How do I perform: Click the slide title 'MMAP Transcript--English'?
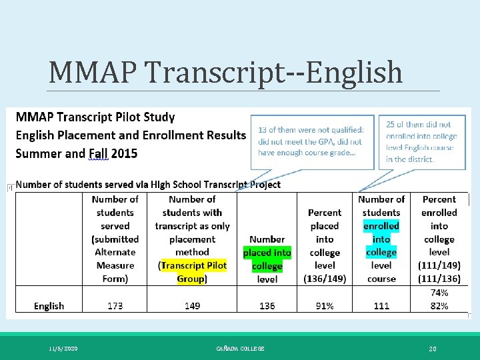pos(226,72)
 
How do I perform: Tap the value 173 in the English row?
pos(115,306)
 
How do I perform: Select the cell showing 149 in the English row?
pos(192,306)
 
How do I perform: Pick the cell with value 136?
pos(267,306)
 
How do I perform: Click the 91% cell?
pos(325,306)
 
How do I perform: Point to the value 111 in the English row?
pos(381,306)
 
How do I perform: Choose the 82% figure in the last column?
pos(439,306)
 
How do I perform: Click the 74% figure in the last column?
pos(439,293)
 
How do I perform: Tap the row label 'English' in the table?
pos(49,306)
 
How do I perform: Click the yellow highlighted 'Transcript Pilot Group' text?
pos(192,272)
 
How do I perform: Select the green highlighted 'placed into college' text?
pos(267,259)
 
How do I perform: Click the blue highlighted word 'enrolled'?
pos(381,226)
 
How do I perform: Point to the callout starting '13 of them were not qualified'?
pos(310,141)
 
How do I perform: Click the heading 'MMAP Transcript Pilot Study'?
pos(95,117)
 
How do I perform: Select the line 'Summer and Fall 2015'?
pos(77,153)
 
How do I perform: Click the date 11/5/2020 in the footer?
pos(63,349)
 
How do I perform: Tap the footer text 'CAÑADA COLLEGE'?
pos(240,349)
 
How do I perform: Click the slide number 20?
pos(433,349)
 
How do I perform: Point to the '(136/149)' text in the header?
pos(325,279)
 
